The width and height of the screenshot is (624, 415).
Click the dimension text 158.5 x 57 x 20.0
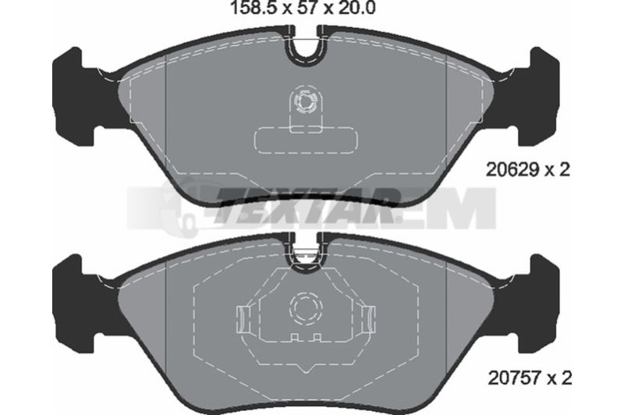[303, 8]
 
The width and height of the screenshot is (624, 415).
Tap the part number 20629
[512, 170]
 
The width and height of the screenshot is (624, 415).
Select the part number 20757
[514, 378]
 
